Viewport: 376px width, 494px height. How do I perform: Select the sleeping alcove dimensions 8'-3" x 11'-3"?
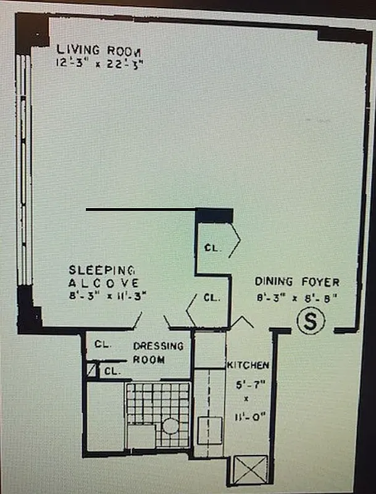coord(102,295)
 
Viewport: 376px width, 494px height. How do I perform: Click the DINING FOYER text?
coord(297,282)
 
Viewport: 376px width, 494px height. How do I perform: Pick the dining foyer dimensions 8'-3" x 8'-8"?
coord(297,298)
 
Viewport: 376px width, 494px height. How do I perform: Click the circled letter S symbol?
coord(311,321)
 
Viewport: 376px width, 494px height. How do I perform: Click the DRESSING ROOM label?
coord(157,353)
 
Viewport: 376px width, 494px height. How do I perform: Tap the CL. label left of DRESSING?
coord(102,345)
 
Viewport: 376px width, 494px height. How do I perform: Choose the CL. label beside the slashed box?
coord(112,371)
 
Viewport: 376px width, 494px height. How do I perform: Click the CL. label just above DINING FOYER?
coord(212,298)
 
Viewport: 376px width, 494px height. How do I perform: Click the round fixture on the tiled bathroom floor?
coord(170,427)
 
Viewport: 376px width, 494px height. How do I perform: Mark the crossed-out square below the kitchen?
coord(250,469)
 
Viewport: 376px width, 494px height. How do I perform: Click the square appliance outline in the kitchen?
coord(210,430)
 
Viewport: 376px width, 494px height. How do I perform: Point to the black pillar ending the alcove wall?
coord(214,216)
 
